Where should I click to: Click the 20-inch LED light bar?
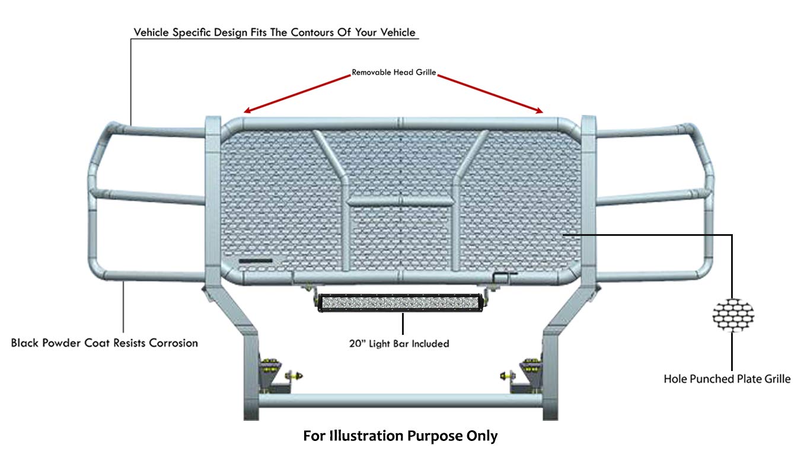point(400,302)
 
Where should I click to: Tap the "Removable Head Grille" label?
point(394,72)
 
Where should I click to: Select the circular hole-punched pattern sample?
point(733,315)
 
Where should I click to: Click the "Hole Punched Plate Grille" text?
point(727,379)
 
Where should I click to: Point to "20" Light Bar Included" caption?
point(399,343)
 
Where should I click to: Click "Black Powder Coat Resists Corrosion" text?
point(104,343)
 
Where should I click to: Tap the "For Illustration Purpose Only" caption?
point(400,436)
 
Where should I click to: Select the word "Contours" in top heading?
point(312,32)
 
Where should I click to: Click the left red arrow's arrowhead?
point(247,111)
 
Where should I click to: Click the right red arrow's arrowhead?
point(540,111)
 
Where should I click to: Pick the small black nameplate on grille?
point(256,261)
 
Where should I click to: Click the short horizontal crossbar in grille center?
point(400,201)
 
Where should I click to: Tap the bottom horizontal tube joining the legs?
point(400,400)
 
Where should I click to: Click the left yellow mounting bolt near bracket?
point(293,376)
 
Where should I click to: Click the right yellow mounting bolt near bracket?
point(508,376)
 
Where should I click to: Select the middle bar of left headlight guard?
point(150,197)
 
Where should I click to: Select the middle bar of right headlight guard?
point(650,197)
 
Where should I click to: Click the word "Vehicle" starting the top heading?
point(151,32)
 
